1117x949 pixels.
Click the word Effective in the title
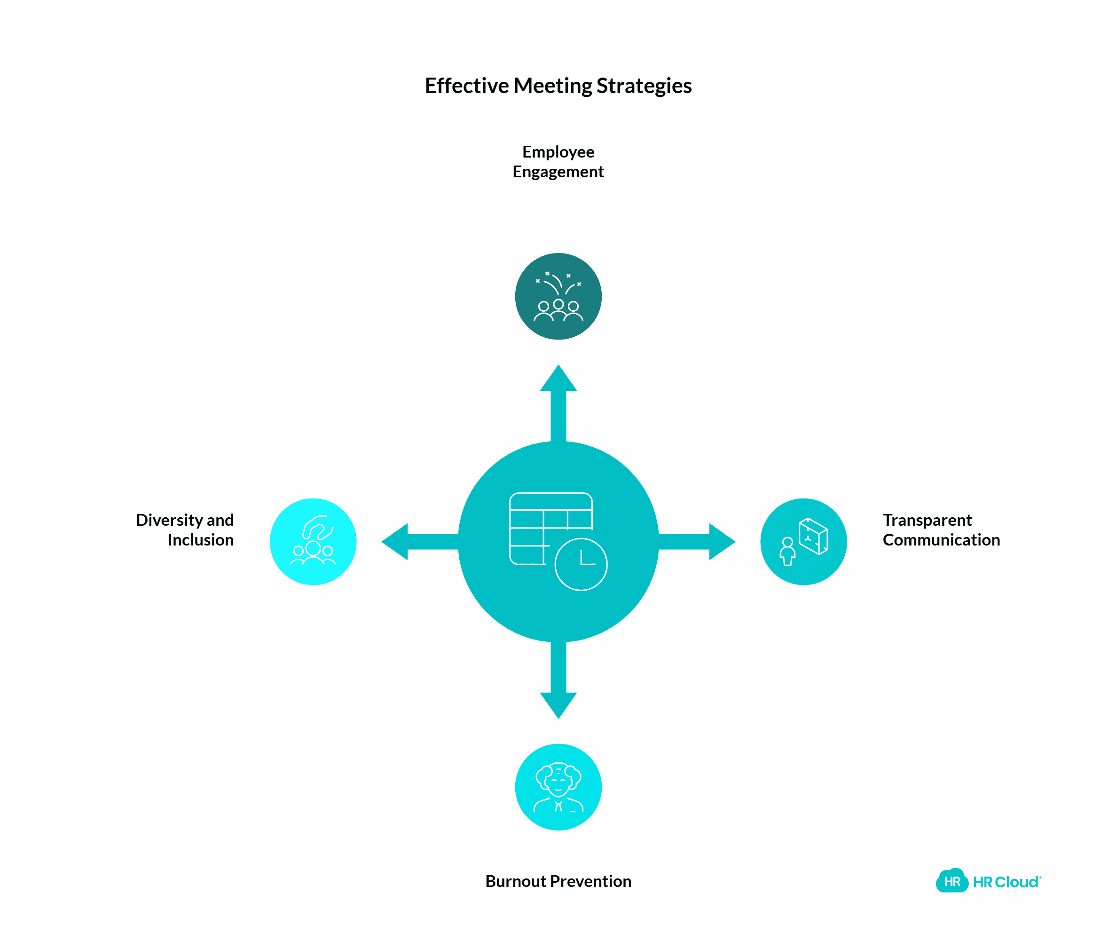tap(466, 86)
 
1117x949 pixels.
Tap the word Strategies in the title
tap(644, 86)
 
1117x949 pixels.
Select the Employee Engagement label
tap(558, 161)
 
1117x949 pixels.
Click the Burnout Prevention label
tap(558, 881)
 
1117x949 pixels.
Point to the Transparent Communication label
tap(941, 530)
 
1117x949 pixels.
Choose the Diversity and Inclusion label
tap(185, 530)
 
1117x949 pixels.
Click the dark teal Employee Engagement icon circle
tap(558, 296)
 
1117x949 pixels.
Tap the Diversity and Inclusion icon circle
tap(313, 542)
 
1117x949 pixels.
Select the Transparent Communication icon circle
tap(803, 542)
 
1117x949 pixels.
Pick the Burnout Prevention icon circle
tap(558, 787)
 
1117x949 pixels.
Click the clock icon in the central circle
tap(580, 564)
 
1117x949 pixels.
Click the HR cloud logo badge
tap(952, 881)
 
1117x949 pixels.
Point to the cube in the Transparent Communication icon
tap(813, 536)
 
